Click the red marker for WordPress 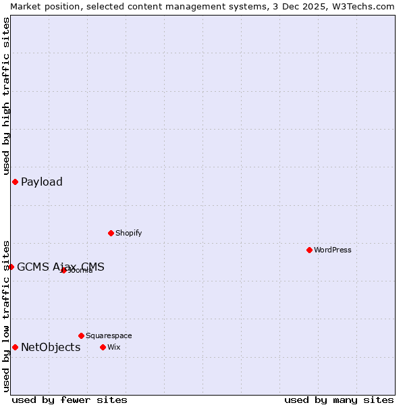click(x=309, y=250)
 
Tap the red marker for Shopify click(x=111, y=233)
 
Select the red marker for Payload click(x=15, y=182)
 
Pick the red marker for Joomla click(x=63, y=270)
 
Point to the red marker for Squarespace click(x=81, y=335)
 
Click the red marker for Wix click(x=103, y=347)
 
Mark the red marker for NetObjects click(x=15, y=347)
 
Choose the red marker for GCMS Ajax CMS click(x=11, y=267)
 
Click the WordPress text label click(x=333, y=250)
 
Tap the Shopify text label click(x=128, y=233)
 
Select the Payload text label click(x=42, y=182)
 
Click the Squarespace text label click(x=109, y=335)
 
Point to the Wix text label click(x=113, y=347)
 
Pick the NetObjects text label click(x=51, y=347)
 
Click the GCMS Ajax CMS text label click(x=61, y=267)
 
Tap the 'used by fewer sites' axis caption click(x=70, y=400)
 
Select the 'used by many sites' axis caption click(x=339, y=400)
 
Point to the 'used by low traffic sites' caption click(x=6, y=315)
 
